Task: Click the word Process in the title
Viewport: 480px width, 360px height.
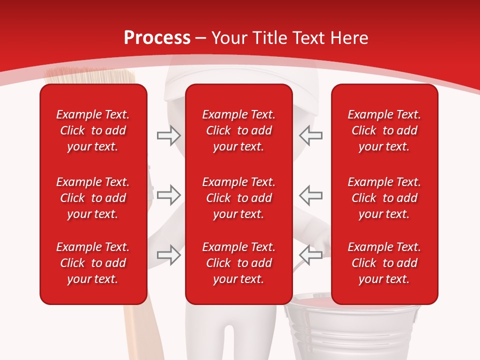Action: pos(157,38)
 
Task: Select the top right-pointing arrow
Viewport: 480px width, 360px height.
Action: pos(169,135)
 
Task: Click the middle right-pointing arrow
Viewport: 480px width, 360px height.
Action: pos(169,194)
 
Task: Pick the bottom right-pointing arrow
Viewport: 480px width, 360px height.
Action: pos(169,254)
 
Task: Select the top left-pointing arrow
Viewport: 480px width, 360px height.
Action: pos(311,135)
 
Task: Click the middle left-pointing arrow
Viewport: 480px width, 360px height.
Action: pos(311,194)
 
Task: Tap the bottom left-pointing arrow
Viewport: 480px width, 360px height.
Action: pos(311,254)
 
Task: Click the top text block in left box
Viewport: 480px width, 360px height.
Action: pos(93,130)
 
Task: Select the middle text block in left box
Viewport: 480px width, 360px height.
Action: pos(93,198)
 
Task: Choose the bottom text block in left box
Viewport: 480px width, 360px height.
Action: pos(93,263)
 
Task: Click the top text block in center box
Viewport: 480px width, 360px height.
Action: pos(238,130)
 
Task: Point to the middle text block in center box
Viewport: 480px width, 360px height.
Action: pos(238,198)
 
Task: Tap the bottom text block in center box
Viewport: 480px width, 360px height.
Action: pos(238,263)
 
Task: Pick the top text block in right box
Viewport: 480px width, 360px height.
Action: pos(384,130)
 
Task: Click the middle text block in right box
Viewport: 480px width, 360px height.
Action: pos(384,198)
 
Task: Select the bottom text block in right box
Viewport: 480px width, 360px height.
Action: pos(384,263)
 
